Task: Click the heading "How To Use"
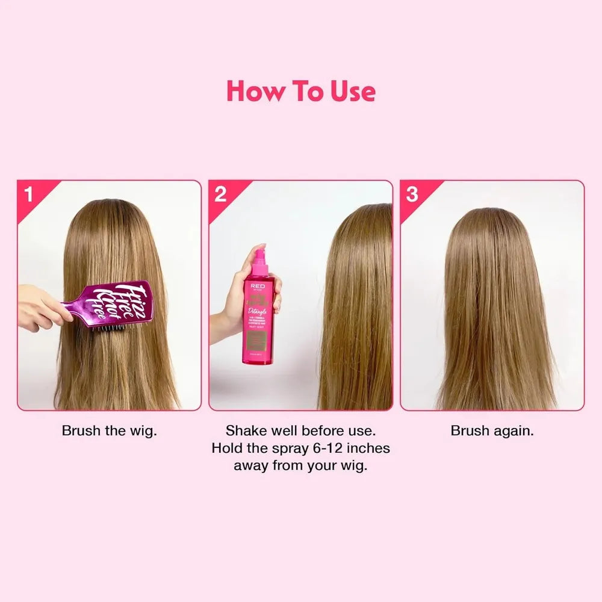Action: pos(301,92)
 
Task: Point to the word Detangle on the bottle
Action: pos(258,311)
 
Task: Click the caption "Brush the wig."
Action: pos(110,431)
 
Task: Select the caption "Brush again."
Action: pos(492,431)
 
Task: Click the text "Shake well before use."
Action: pos(300,431)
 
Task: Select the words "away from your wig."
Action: pos(300,466)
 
